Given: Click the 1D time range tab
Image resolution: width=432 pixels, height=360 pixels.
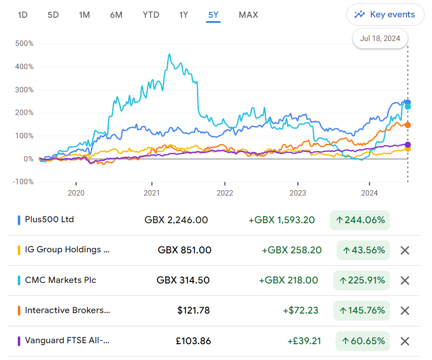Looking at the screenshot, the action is tap(23, 15).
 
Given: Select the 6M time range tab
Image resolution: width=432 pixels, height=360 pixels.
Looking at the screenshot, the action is tap(116, 15).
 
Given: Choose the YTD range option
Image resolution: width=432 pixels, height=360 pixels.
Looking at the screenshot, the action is tap(151, 15).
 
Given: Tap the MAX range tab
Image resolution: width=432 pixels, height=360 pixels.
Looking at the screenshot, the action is tap(248, 15).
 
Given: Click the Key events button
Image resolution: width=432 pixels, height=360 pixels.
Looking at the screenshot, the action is tap(385, 15).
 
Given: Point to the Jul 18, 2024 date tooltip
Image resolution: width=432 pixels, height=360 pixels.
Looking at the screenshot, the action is tap(380, 39).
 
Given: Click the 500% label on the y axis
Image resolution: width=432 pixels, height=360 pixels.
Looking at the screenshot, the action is tap(24, 43).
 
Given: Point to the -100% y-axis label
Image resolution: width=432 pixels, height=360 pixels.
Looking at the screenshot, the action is tap(23, 182).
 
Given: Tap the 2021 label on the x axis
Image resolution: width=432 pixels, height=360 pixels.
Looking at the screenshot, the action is tap(152, 193).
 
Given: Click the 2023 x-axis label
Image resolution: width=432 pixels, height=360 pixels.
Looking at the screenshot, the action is tap(298, 193).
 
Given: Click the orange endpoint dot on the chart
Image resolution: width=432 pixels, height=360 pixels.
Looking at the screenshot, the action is tap(408, 125).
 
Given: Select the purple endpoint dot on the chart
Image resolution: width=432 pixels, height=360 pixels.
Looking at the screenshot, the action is tap(408, 144).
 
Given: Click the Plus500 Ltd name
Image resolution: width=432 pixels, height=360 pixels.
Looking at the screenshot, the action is tap(49, 219).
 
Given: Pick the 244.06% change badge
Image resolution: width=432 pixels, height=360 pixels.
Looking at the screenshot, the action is tap(360, 220).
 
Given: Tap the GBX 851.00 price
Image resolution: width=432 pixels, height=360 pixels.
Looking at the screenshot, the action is tap(184, 250).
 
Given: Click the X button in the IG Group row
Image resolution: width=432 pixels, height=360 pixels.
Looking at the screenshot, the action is tap(405, 250).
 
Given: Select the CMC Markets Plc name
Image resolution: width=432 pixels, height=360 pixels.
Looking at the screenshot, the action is tap(61, 280).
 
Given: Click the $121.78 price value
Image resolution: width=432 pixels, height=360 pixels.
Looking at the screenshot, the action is tap(194, 311).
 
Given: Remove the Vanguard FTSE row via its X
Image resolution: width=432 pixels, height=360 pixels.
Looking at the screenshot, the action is tap(405, 341).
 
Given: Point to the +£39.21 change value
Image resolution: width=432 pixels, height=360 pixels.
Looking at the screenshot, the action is tap(304, 341).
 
